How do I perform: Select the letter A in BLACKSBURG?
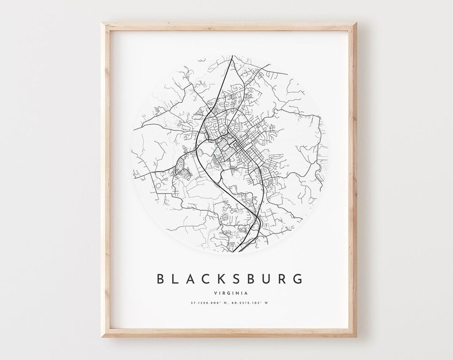click(x=192, y=279)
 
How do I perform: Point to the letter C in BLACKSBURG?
click(x=209, y=279)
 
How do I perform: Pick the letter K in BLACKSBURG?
click(x=225, y=279)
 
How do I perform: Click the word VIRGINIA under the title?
click(x=230, y=293)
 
